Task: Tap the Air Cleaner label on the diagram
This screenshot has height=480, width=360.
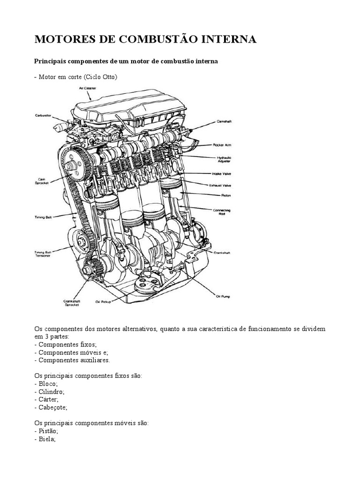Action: click(x=88, y=88)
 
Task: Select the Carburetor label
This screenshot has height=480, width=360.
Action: click(x=44, y=115)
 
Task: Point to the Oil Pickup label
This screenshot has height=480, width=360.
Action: click(x=103, y=302)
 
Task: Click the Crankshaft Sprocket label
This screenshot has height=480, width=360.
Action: click(x=72, y=303)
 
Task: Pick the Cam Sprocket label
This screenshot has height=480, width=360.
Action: click(x=41, y=180)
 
